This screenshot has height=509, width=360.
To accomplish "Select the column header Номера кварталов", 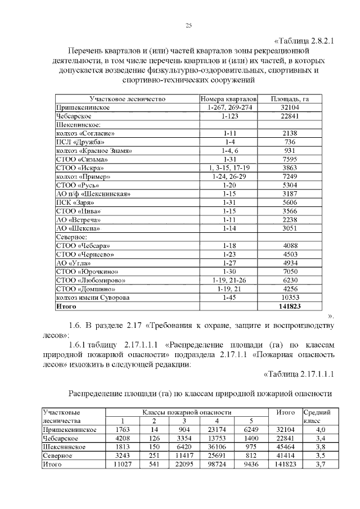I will (x=228, y=98).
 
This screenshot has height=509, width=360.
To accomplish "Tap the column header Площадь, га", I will (x=290, y=98).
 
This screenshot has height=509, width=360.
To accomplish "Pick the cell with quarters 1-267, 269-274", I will (x=228, y=107).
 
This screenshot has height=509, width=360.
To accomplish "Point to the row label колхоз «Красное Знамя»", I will (x=94, y=151).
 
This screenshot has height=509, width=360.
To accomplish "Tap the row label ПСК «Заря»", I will (x=75, y=202).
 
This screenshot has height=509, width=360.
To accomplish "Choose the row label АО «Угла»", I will (x=73, y=263).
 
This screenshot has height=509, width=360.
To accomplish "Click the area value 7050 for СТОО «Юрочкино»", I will (x=290, y=271).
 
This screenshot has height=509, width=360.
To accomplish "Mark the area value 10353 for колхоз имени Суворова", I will (x=290, y=297).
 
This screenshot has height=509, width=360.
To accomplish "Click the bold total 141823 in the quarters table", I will (x=290, y=306).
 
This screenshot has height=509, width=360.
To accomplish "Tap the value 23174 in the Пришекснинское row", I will (x=217, y=430).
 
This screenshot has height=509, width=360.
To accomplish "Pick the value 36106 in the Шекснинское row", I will (x=217, y=447).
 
